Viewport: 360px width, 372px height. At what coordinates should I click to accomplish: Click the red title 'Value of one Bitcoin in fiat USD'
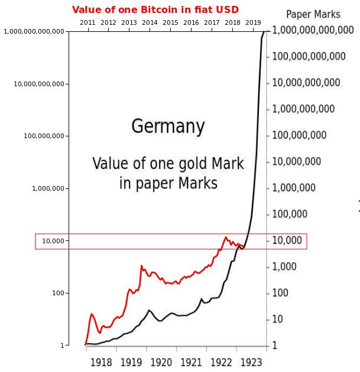(155, 10)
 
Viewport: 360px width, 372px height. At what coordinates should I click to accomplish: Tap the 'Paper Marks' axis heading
(313, 15)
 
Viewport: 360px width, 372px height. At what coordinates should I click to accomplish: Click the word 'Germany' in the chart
(168, 126)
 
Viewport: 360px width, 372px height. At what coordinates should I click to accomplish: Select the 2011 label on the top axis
(87, 22)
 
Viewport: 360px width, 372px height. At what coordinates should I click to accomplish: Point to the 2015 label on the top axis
(170, 22)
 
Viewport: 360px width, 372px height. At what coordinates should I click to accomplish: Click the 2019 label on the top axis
(253, 22)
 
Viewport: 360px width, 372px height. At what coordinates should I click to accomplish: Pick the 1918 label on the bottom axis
(102, 361)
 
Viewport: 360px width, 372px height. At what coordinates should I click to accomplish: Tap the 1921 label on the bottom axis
(191, 361)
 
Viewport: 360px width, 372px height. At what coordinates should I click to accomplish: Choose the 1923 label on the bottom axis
(251, 361)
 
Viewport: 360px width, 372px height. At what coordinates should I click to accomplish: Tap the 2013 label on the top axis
(129, 22)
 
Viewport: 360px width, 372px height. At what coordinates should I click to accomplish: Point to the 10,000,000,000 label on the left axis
(39, 84)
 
